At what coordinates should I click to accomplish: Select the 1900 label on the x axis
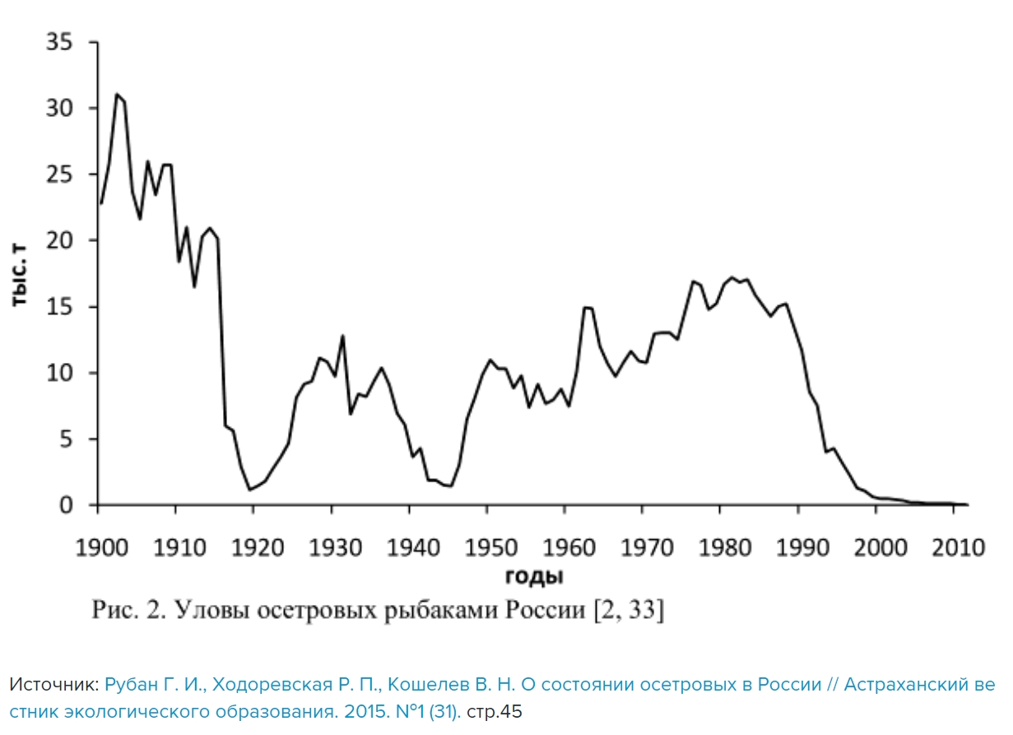[99, 547]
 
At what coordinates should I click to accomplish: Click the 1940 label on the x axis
[410, 547]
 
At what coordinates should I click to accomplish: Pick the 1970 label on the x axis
[643, 547]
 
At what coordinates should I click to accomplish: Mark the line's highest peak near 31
[117, 95]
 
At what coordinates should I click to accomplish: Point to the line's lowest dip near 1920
[250, 490]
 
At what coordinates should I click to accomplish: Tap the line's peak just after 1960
[587, 308]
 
